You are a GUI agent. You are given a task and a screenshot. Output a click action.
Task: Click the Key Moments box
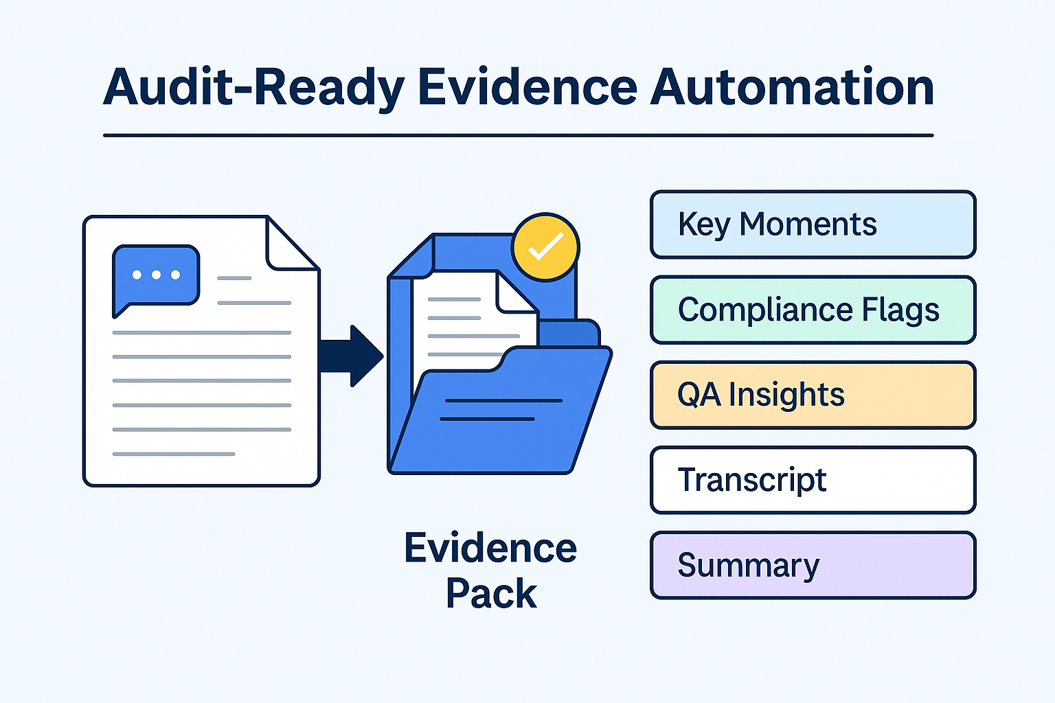(x=813, y=224)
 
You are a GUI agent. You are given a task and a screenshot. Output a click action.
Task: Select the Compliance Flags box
(x=813, y=310)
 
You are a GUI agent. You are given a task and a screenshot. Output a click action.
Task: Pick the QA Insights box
(x=813, y=395)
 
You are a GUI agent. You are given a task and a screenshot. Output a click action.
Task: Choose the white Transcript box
(x=813, y=480)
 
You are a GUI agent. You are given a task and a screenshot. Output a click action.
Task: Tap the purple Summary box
(x=813, y=565)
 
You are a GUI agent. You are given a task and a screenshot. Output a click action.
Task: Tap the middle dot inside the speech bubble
(x=156, y=275)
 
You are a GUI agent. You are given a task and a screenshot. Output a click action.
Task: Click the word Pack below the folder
(x=490, y=593)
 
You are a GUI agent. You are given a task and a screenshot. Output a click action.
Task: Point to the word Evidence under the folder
(x=490, y=548)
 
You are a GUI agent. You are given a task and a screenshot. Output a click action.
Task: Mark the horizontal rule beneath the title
(x=518, y=135)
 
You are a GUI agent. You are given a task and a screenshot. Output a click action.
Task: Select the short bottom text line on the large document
(x=174, y=454)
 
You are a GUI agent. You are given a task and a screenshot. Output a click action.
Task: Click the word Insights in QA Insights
(x=786, y=395)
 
